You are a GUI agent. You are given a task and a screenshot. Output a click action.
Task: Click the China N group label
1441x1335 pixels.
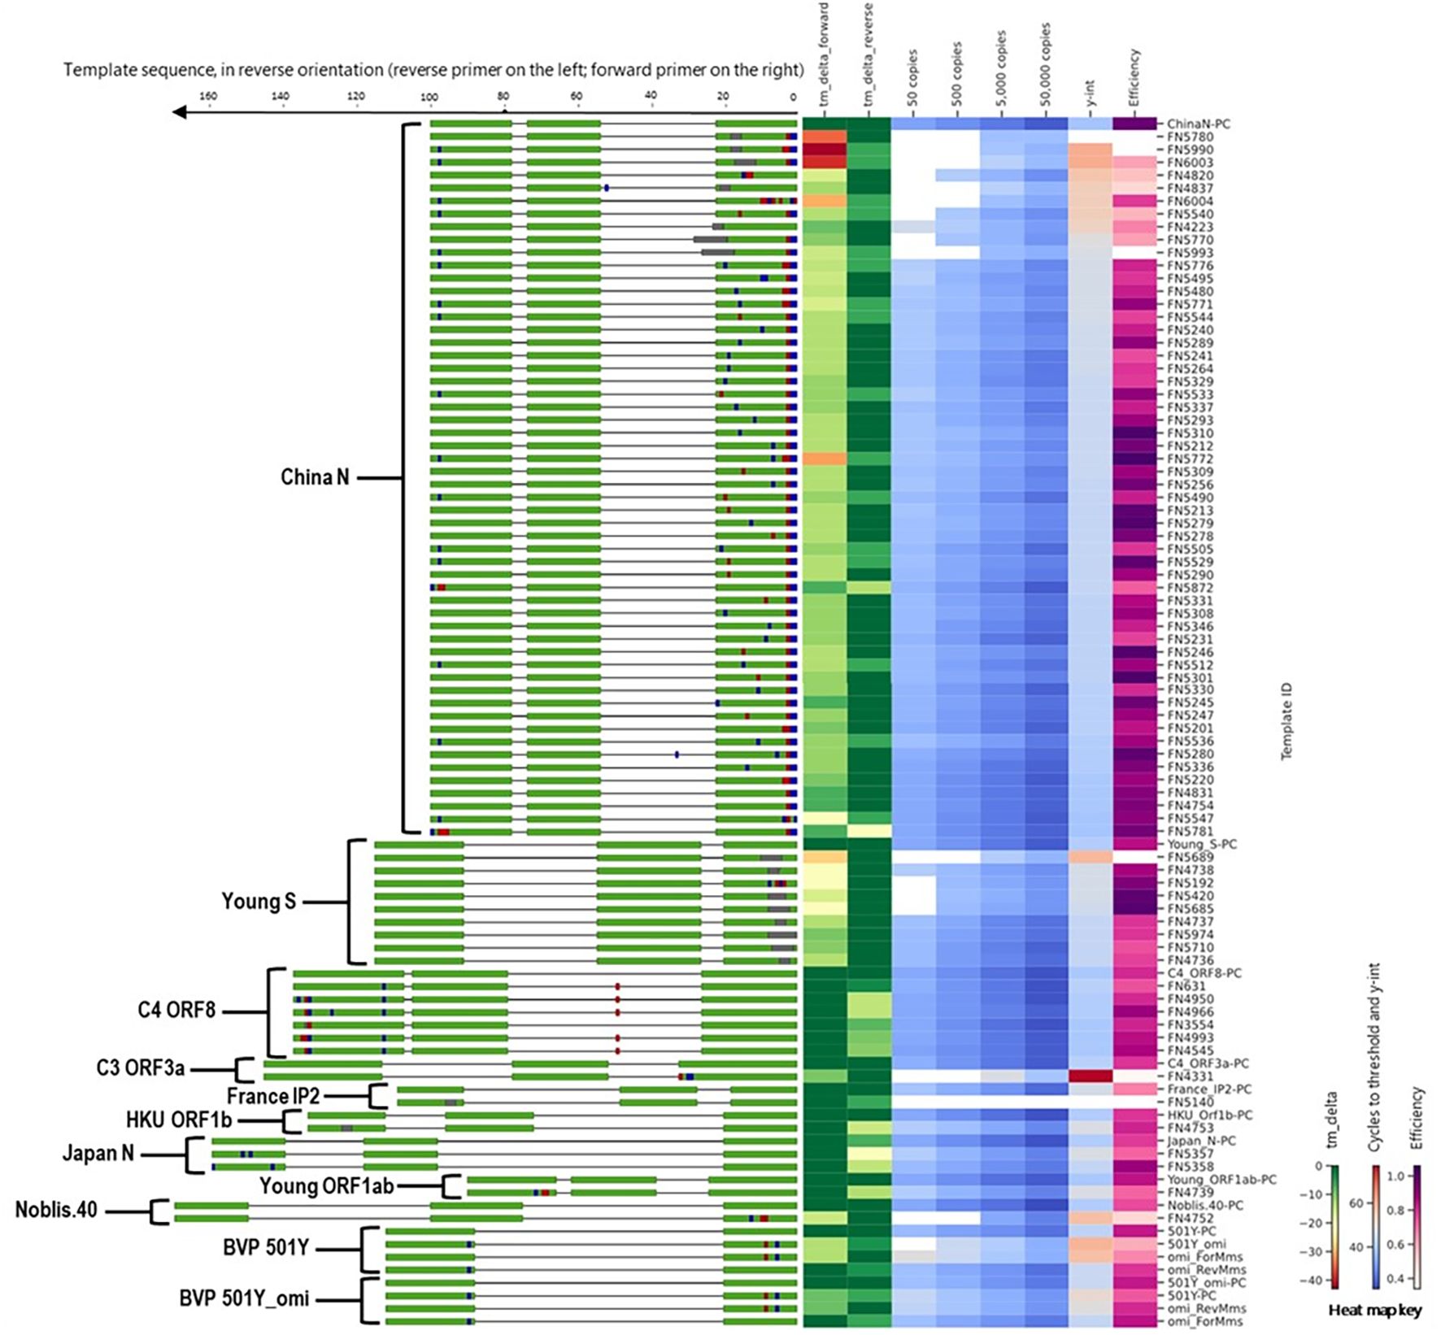(315, 477)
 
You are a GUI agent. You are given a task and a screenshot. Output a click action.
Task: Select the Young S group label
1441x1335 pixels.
(259, 902)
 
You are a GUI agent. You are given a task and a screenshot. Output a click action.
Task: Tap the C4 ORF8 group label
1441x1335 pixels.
(176, 1011)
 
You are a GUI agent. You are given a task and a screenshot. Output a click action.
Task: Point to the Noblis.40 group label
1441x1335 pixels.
(56, 1210)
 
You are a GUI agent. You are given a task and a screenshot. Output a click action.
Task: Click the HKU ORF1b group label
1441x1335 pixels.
(179, 1120)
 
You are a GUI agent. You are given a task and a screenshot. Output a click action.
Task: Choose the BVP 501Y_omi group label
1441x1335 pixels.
(244, 1298)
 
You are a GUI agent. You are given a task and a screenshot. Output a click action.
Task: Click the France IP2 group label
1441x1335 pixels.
(273, 1097)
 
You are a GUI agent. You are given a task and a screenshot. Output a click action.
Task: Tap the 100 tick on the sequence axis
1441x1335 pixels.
(429, 97)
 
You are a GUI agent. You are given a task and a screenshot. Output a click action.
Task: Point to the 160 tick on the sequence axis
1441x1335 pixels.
(208, 97)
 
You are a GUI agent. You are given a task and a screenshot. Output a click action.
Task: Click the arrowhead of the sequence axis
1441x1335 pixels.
(180, 111)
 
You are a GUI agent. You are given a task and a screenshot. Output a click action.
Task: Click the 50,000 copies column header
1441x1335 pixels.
(1045, 65)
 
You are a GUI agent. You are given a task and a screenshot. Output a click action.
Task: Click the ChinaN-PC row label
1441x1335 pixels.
(1198, 124)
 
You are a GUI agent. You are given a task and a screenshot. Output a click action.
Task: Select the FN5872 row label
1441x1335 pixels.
(1190, 588)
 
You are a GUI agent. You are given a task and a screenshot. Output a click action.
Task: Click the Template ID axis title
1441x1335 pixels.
(1286, 721)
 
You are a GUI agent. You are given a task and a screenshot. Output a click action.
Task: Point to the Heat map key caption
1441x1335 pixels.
(1374, 1310)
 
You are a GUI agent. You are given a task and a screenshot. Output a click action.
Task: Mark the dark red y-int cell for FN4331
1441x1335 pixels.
(1090, 1076)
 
